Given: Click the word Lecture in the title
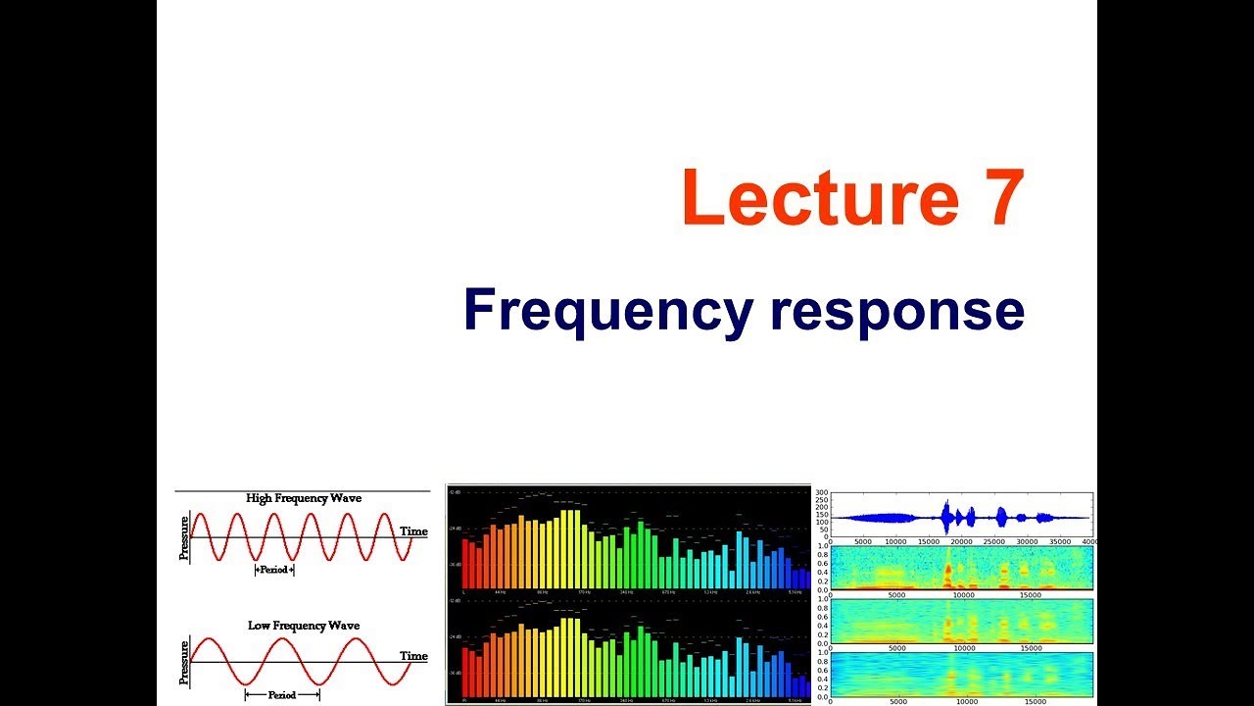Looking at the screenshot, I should (x=821, y=198).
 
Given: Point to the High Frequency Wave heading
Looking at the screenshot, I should (x=303, y=498).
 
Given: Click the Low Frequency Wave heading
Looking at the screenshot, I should (x=303, y=625).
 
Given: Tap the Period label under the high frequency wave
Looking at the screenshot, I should (x=274, y=570).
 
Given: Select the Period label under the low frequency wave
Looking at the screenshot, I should (x=282, y=694).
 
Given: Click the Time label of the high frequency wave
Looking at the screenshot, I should (x=413, y=531).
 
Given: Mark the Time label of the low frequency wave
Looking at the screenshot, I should (x=413, y=656).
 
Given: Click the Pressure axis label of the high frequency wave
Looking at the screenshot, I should (x=183, y=537).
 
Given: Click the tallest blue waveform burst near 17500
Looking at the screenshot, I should (x=946, y=517).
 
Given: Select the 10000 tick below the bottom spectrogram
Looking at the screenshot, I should (x=965, y=701).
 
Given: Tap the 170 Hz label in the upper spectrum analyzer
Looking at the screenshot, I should (x=584, y=592).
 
